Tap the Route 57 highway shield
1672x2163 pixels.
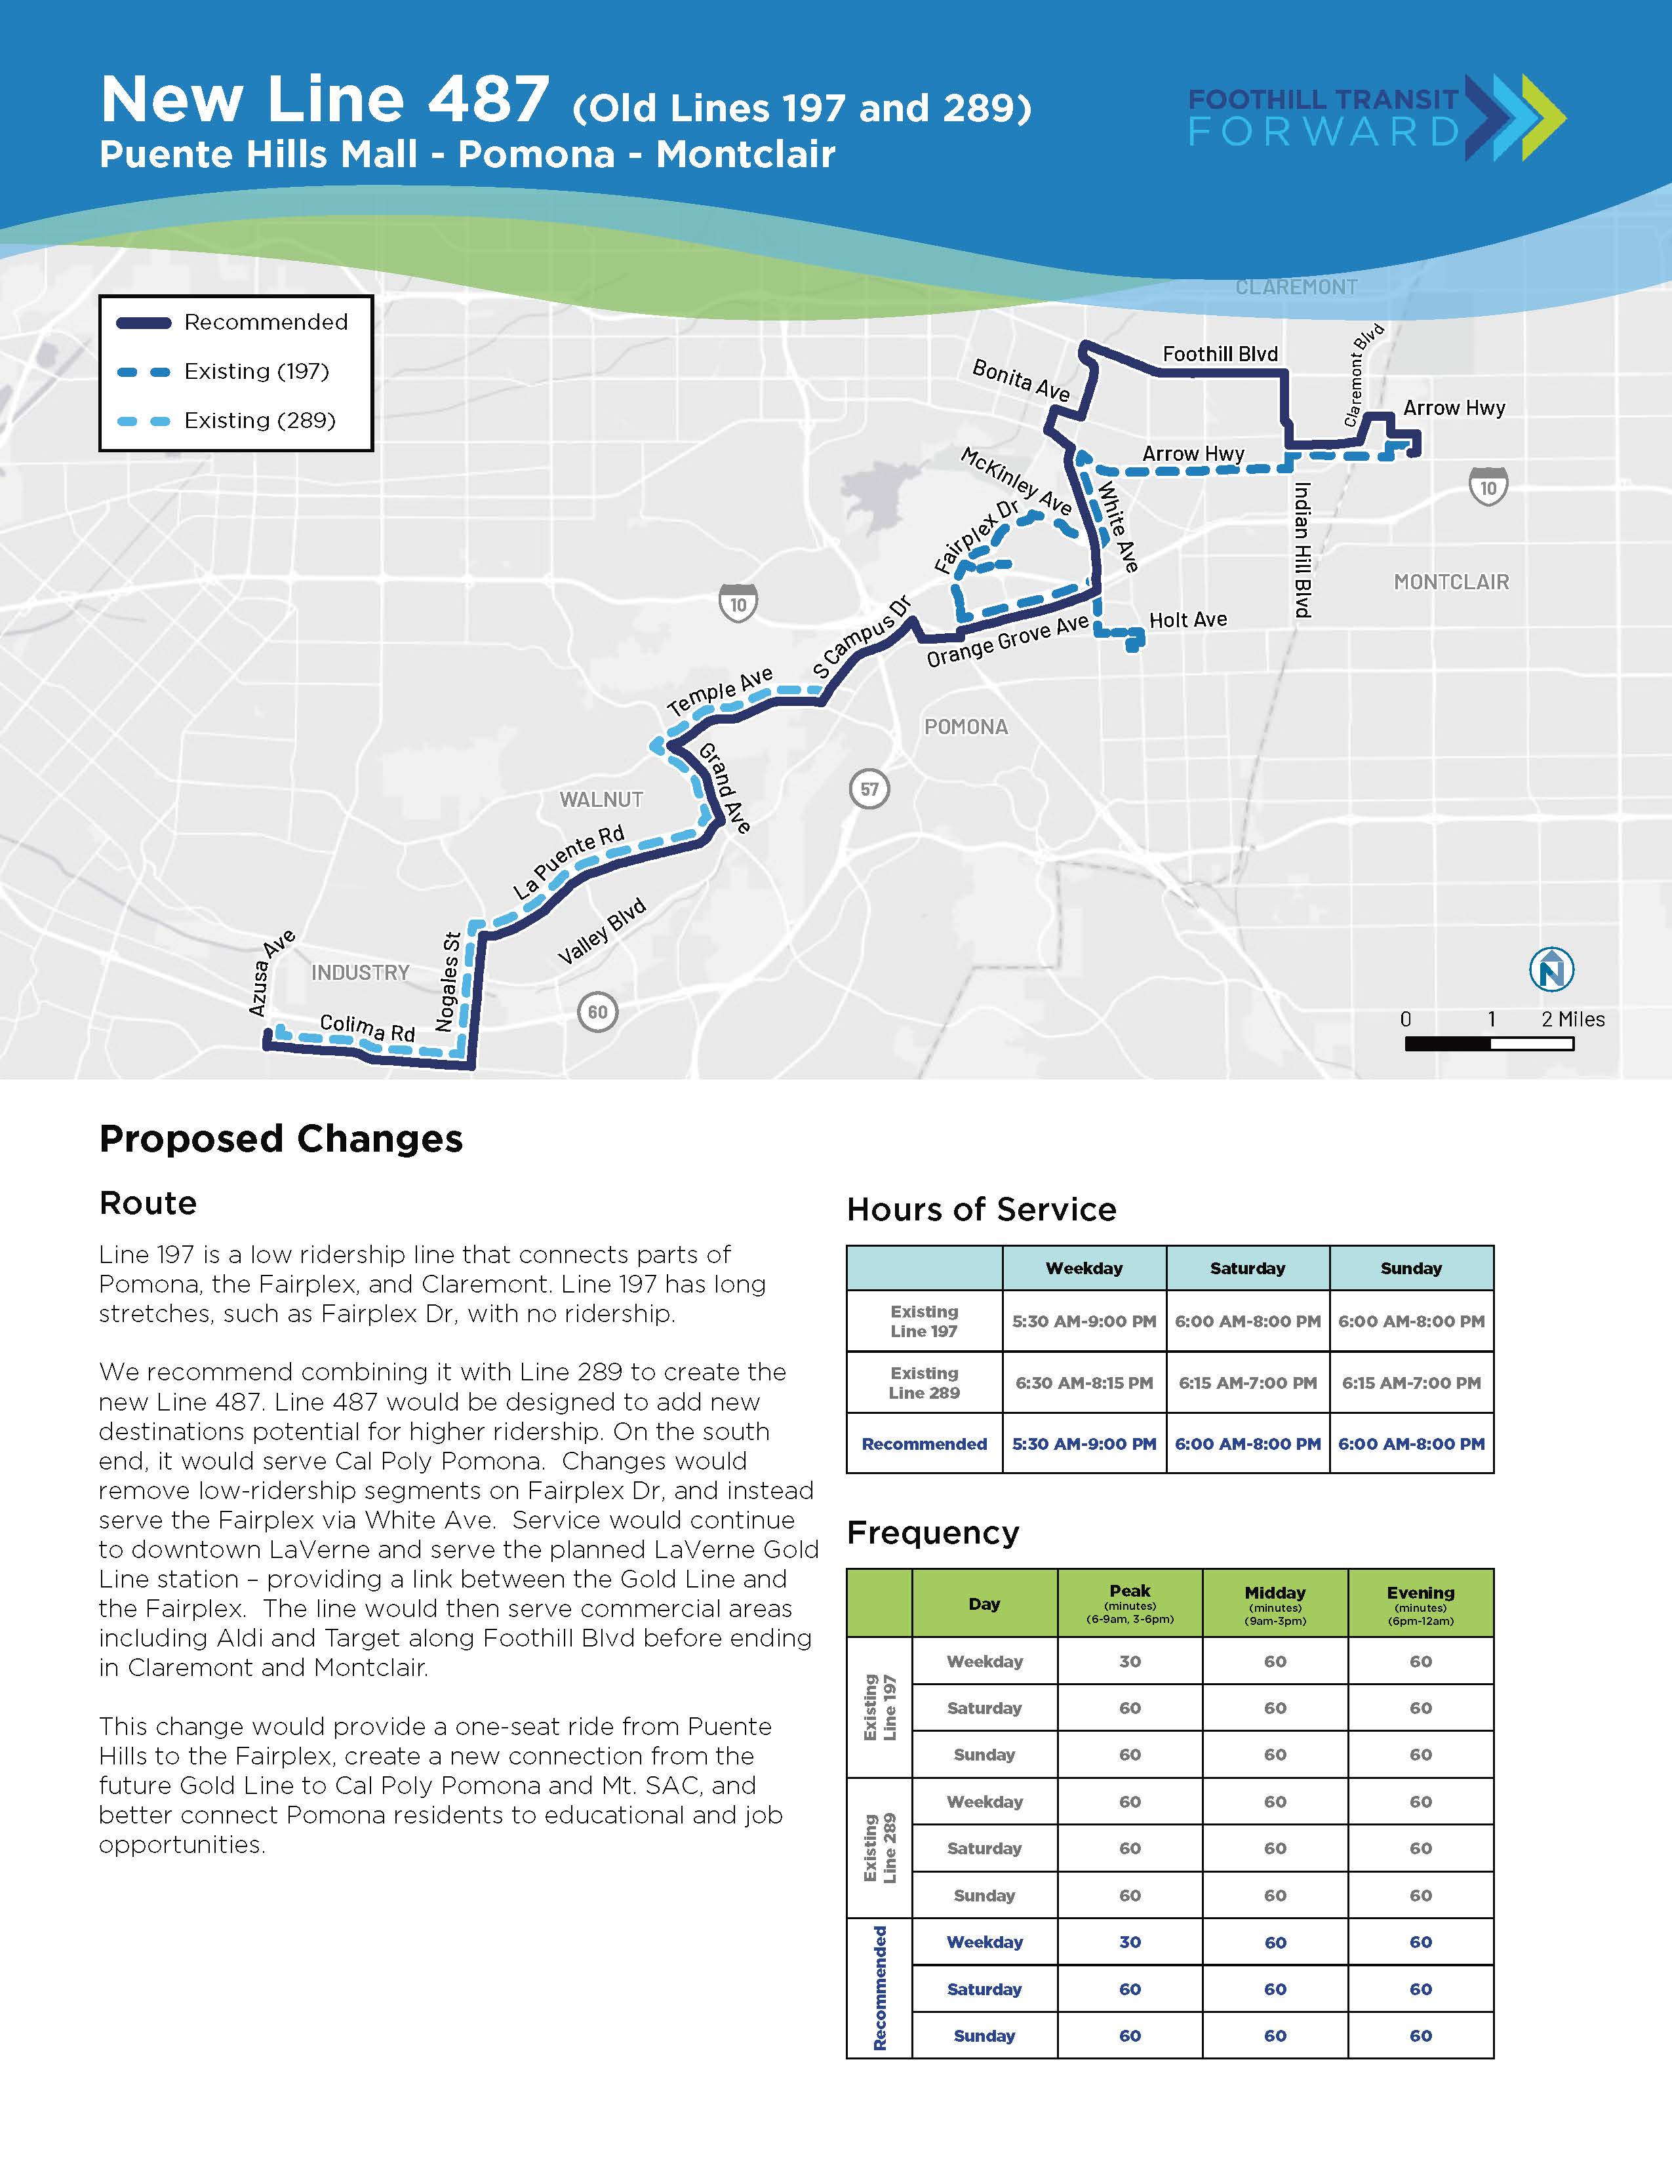click(869, 789)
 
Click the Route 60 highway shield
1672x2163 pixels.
click(597, 1011)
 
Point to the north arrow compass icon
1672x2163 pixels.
click(1551, 969)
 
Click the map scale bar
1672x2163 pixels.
click(1489, 1043)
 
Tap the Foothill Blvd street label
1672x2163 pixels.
click(1220, 353)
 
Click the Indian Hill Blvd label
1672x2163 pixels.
click(1303, 550)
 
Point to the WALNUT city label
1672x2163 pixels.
click(601, 799)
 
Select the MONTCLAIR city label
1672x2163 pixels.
click(1451, 582)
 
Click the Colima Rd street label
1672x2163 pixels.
click(367, 1028)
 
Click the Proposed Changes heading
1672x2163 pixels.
click(281, 1139)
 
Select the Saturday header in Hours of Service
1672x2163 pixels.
click(1247, 1268)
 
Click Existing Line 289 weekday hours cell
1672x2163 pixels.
click(1084, 1382)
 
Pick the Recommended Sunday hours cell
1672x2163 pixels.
click(1410, 1444)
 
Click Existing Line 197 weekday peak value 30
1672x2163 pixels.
click(1129, 1661)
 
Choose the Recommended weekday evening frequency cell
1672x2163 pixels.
click(1420, 1942)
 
